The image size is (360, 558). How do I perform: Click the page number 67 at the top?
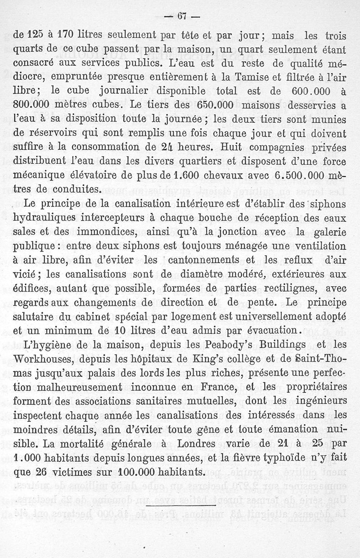point(182,17)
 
